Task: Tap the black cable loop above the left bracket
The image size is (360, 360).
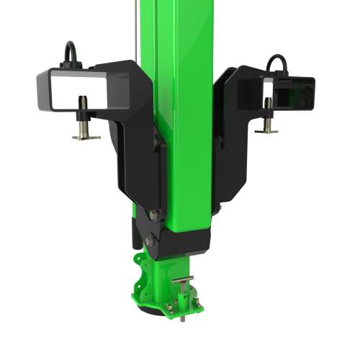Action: click(70, 54)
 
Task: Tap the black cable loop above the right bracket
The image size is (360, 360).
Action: click(278, 63)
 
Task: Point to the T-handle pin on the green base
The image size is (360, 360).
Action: click(184, 282)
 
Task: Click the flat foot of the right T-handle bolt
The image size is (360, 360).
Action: click(266, 130)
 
